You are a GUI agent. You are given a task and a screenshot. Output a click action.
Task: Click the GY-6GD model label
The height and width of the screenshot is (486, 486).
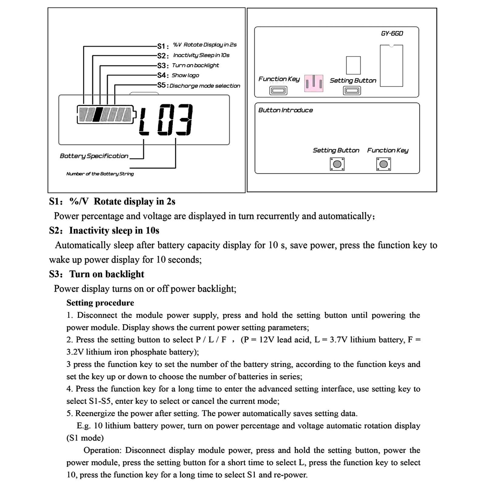392,33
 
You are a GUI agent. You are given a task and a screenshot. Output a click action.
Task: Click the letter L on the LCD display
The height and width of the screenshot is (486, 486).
144,120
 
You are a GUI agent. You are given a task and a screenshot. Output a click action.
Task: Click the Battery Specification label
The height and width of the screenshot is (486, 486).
94,156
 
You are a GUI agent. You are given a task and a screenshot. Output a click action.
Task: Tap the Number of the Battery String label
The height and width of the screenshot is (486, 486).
100,174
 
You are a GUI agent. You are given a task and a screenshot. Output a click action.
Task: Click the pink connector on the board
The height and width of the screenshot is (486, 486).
314,83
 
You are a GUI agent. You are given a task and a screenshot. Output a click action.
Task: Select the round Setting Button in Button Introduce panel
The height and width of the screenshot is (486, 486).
337,164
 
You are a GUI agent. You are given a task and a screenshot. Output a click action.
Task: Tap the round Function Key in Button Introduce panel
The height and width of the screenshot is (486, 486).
384,164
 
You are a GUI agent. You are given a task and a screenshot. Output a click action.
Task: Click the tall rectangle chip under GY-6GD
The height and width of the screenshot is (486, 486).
392,66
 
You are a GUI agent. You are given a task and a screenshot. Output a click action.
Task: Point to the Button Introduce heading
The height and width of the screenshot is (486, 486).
286,110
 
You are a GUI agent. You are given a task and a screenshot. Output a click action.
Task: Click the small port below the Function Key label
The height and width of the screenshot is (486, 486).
278,91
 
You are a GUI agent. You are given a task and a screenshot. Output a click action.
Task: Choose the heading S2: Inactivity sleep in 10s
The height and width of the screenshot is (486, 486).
104,231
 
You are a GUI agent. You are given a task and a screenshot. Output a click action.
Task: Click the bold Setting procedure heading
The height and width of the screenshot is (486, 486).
100,303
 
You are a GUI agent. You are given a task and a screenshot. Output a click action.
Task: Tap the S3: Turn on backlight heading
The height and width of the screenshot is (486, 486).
97,274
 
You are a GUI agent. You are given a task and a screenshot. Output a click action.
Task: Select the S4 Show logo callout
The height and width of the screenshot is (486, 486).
178,75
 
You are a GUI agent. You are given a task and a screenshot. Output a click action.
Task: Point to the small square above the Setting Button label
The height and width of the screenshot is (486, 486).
353,65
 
